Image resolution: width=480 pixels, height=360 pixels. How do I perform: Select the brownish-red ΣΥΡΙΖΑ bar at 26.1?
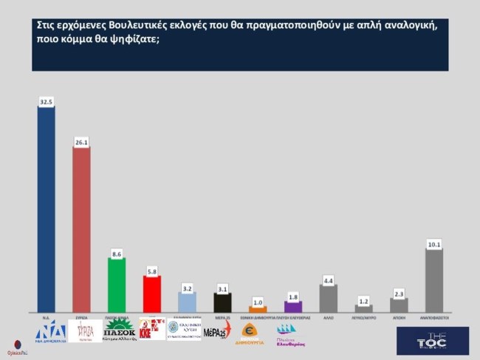(x=81, y=229)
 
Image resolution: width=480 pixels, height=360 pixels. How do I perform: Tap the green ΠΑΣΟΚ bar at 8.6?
(x=117, y=285)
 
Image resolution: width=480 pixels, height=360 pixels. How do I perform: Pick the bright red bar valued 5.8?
(x=151, y=293)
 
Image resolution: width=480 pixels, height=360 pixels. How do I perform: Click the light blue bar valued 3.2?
(x=187, y=302)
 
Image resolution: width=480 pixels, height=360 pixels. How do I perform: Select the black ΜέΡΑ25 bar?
(x=222, y=302)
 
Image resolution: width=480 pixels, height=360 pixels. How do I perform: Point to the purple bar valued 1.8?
(x=293, y=306)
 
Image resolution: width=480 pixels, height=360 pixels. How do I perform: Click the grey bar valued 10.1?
(x=434, y=280)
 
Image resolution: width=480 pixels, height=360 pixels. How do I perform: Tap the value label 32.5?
(x=46, y=102)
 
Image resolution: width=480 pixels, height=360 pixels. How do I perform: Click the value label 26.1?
(x=81, y=142)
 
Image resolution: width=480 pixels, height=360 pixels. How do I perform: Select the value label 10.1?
(x=434, y=244)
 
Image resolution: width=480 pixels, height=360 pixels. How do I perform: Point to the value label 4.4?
(x=329, y=280)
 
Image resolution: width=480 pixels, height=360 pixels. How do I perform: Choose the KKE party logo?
(x=152, y=329)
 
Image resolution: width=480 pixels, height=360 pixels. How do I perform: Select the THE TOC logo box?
(x=432, y=340)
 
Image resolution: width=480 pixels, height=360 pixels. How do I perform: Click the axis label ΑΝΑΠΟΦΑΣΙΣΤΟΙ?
(x=434, y=316)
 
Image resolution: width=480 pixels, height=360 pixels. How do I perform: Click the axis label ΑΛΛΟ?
(x=329, y=316)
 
